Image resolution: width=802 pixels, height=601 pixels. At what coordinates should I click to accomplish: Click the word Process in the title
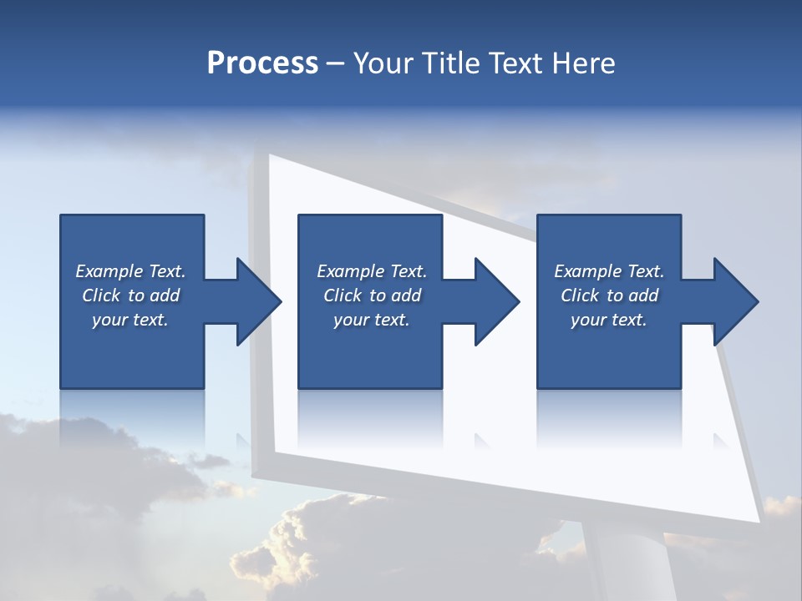(262, 63)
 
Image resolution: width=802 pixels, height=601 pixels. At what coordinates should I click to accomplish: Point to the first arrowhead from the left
(259, 301)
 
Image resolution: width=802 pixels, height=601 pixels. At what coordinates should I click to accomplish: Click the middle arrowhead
(497, 301)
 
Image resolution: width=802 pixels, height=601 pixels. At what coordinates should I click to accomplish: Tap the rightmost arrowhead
(736, 301)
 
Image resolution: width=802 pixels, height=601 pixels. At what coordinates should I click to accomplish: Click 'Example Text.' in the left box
(130, 271)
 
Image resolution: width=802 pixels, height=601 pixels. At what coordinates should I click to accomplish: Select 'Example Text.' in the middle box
(372, 271)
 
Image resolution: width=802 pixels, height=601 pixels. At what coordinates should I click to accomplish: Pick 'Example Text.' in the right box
(609, 271)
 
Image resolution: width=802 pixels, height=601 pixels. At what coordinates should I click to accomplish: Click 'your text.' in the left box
(130, 320)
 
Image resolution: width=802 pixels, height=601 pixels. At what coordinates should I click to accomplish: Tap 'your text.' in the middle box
(372, 320)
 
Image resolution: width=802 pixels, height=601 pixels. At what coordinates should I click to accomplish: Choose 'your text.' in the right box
(609, 320)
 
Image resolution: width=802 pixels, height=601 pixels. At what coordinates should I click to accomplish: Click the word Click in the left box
(101, 295)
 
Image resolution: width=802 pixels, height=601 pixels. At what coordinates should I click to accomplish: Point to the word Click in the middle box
(343, 295)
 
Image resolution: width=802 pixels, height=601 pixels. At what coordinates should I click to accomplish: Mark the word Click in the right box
(580, 295)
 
